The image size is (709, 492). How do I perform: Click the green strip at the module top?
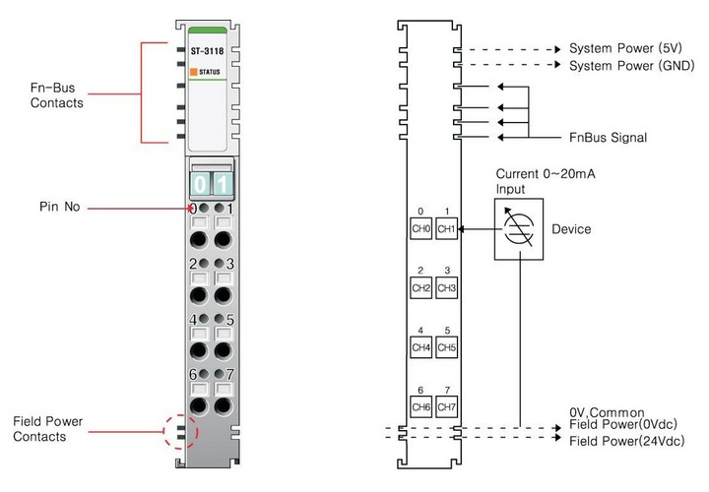point(210,31)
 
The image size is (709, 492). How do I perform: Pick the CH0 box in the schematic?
point(420,229)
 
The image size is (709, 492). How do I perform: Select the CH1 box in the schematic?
point(446,229)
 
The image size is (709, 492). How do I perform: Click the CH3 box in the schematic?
point(446,288)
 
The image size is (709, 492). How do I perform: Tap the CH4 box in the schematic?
point(420,347)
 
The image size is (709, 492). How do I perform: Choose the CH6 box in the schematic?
point(420,406)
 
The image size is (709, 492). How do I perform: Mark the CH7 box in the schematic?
point(446,406)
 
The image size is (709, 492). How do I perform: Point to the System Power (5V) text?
point(624,48)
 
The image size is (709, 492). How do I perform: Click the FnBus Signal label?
point(608,137)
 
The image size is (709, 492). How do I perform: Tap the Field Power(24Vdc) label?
point(626,441)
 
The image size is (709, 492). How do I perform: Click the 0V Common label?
point(607,412)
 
